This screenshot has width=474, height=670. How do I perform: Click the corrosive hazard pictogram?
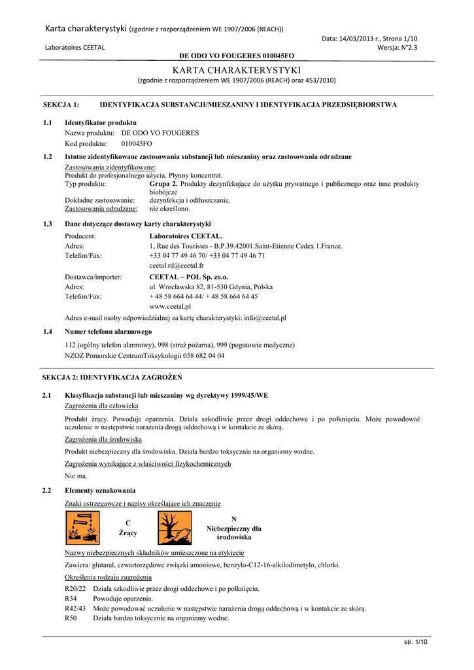pyautogui.click(x=82, y=528)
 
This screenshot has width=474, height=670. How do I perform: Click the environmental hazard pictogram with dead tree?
pyautogui.click(x=175, y=528)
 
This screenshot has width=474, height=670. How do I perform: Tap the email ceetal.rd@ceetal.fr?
pyautogui.click(x=177, y=266)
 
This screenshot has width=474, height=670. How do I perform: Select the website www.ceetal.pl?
pyautogui.click(x=170, y=306)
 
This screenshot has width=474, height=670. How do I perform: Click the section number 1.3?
pyautogui.click(x=48, y=224)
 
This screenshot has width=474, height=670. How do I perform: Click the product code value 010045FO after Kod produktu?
pyautogui.click(x=137, y=143)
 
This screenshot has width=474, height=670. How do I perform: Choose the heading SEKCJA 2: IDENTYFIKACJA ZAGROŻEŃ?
pyautogui.click(x=112, y=378)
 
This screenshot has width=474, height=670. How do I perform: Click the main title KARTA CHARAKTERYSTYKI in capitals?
pyautogui.click(x=237, y=69)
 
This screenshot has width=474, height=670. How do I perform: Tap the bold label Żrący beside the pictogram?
pyautogui.click(x=128, y=533)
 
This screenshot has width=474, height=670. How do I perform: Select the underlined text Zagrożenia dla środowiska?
pyautogui.click(x=103, y=440)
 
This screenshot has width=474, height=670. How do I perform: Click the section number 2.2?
pyautogui.click(x=48, y=490)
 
